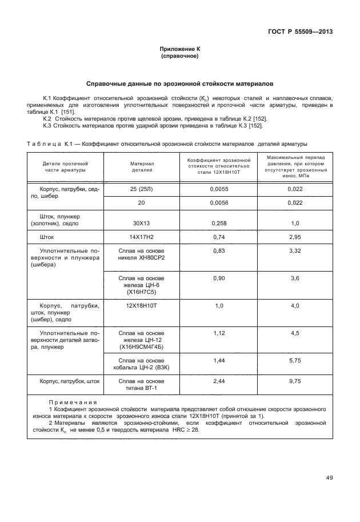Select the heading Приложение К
[179, 50]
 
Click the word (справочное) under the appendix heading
[179, 57]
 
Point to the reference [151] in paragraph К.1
[75, 112]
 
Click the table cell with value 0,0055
[219, 188]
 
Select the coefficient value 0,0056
[219, 202]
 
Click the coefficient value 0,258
[219, 223]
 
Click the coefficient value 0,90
[219, 278]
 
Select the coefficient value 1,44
[219, 361]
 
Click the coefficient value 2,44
[219, 381]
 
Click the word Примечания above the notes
[73, 403]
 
